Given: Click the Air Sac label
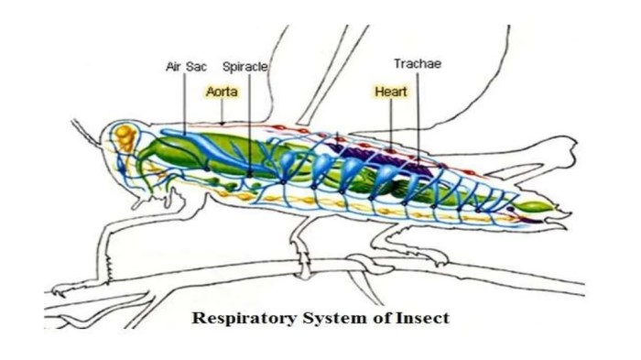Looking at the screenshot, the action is (x=185, y=67).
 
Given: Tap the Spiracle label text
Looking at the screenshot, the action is (x=245, y=67).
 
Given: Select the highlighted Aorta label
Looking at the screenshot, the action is (x=223, y=92).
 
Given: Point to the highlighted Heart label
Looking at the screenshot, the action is (x=391, y=92).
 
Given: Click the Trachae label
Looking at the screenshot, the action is (x=418, y=64).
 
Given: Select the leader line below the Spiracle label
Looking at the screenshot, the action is (x=248, y=119).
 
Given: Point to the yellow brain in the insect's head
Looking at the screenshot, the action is (x=123, y=140).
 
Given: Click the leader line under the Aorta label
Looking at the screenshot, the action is (x=223, y=111).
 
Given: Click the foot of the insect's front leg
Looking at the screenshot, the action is (x=69, y=291).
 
